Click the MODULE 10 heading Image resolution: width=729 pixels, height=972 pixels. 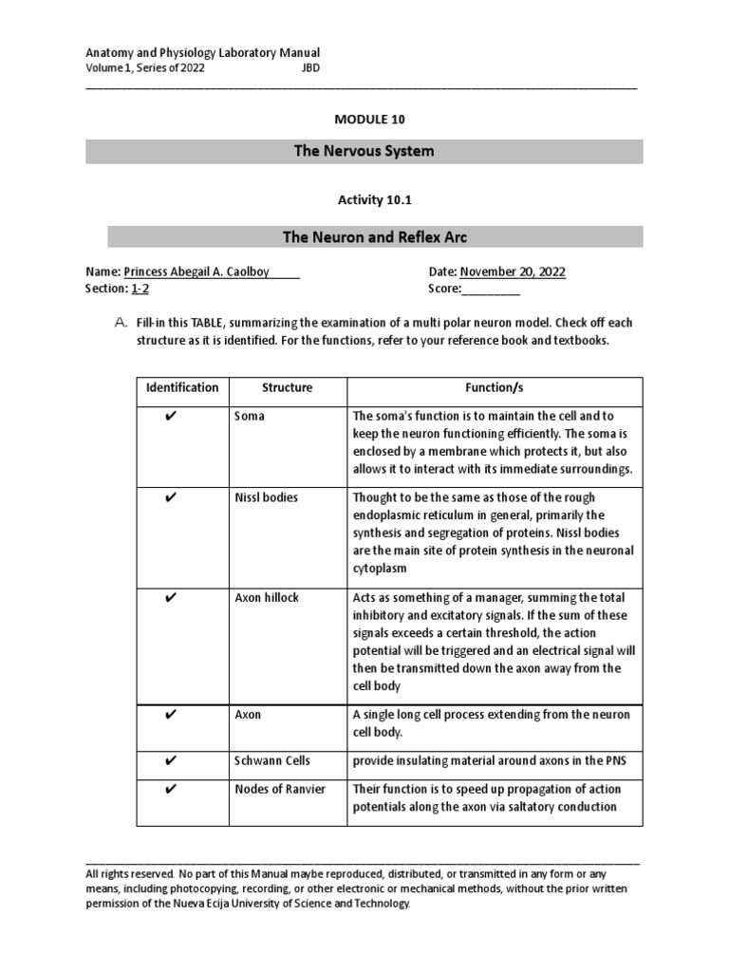click(x=364, y=119)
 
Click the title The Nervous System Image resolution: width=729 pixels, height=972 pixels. click(x=364, y=151)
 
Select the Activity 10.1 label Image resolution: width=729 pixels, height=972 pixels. click(x=364, y=199)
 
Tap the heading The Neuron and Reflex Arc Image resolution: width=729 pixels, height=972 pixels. click(x=375, y=236)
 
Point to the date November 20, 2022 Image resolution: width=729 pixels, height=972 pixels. click(x=513, y=271)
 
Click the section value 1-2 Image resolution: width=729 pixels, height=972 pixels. click(x=140, y=289)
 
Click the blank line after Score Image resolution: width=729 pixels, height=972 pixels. click(x=491, y=289)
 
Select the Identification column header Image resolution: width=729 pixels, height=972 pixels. click(x=182, y=387)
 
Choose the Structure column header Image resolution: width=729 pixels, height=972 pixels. click(x=287, y=387)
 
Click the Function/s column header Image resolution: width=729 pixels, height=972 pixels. click(x=494, y=387)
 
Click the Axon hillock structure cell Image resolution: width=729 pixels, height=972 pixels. click(x=267, y=597)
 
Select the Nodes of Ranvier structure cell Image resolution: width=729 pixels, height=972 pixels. click(x=280, y=790)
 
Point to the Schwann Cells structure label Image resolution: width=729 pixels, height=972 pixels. click(x=272, y=761)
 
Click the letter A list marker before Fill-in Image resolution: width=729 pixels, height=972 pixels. click(x=121, y=324)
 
